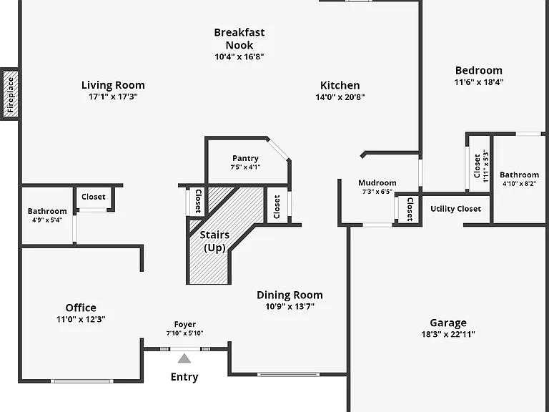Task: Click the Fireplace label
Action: (x=11, y=95)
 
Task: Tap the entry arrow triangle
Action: (x=184, y=359)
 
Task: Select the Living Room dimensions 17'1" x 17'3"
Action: (x=113, y=97)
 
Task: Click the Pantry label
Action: (x=245, y=158)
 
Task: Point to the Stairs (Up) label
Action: (x=214, y=241)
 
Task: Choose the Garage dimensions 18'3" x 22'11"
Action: (x=448, y=334)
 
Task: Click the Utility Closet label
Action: (x=455, y=209)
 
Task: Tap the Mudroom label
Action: (x=377, y=183)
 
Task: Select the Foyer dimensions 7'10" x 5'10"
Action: (x=185, y=333)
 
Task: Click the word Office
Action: (x=81, y=308)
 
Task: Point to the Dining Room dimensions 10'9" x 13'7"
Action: (x=290, y=307)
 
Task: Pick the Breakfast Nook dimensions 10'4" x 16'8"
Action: (x=239, y=57)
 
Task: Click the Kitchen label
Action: (x=340, y=85)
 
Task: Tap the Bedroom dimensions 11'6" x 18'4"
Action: (x=479, y=82)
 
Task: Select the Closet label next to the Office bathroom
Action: (x=94, y=197)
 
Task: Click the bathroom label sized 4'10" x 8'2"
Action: (x=519, y=175)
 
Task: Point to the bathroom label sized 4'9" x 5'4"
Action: (x=47, y=211)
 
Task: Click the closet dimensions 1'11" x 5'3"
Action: (x=485, y=166)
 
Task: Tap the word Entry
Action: (x=184, y=377)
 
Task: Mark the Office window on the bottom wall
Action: (x=82, y=381)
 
